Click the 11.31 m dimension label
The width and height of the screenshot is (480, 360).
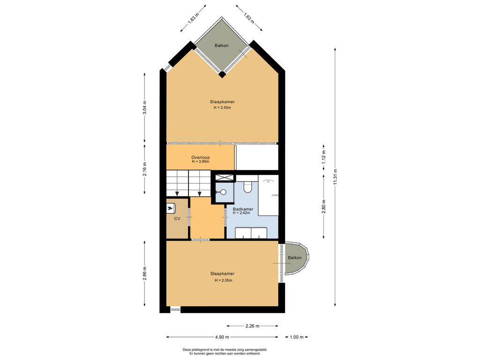pos(335,177)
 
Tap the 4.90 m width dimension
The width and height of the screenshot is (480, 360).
pos(222,337)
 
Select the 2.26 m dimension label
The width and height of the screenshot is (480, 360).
pos(253,326)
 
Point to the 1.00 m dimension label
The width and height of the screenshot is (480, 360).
pos(296,337)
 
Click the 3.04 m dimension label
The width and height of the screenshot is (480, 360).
pos(144,107)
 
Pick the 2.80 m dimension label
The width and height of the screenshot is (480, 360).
pos(323,206)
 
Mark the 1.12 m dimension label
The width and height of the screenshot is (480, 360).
pos(323,157)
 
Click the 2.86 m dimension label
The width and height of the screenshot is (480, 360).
pos(144,273)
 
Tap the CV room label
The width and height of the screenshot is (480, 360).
pos(177,218)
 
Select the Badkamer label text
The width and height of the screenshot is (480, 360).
pos(243,209)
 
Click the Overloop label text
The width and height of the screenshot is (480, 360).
pos(201,157)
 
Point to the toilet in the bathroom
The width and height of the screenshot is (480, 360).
pos(247,187)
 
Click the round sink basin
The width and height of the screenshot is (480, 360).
pos(223,192)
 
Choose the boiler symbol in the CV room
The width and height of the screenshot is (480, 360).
pos(170,208)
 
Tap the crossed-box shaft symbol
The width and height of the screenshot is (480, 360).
pos(225,177)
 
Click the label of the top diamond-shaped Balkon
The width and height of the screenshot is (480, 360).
pos(221,45)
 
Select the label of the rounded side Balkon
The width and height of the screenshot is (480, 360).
pos(294,258)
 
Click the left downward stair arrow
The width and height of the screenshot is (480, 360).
pos(177,194)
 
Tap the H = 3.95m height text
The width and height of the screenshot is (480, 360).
pos(201,162)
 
